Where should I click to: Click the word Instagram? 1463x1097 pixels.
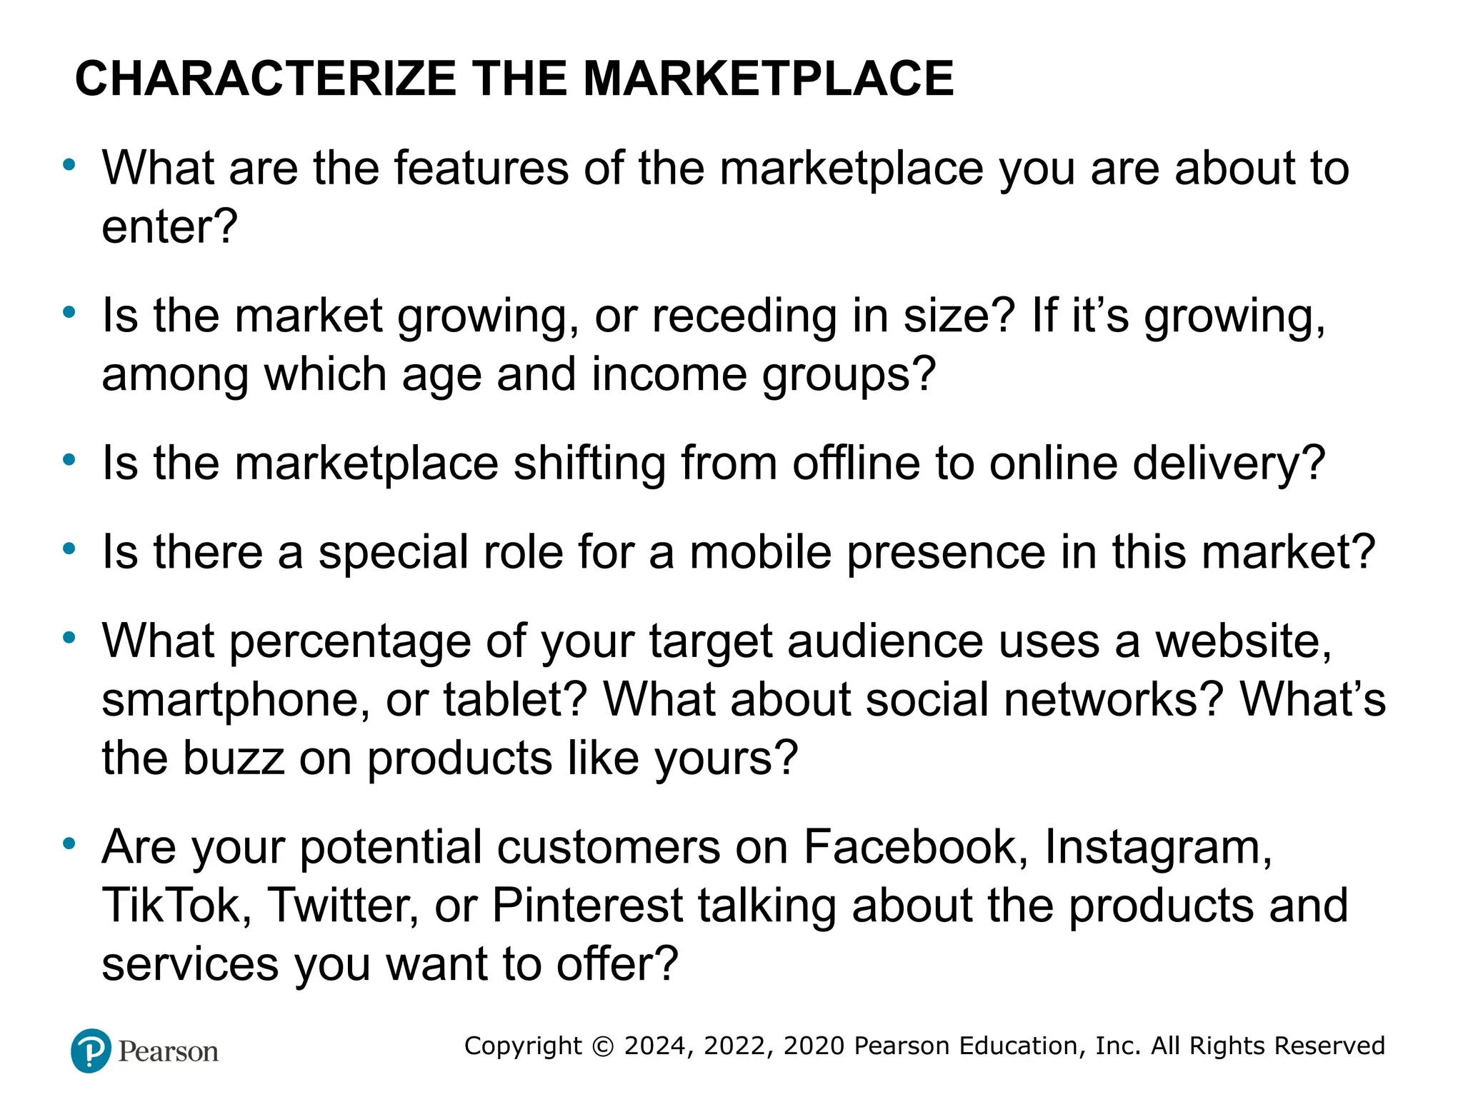click(x=1158, y=848)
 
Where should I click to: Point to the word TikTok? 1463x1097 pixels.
click(x=176, y=906)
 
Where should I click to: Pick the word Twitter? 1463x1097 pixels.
click(x=342, y=906)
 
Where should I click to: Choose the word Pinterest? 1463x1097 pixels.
click(x=588, y=906)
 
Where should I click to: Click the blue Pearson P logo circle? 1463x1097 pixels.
click(x=91, y=1051)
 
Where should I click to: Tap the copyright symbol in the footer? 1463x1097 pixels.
click(x=604, y=1046)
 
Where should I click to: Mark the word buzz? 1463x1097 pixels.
click(x=233, y=758)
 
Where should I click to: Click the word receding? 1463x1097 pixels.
click(x=744, y=316)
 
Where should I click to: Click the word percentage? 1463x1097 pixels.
click(x=350, y=641)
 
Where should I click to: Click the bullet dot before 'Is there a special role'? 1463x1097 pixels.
click(x=69, y=548)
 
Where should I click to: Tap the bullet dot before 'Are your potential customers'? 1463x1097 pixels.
click(x=69, y=843)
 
